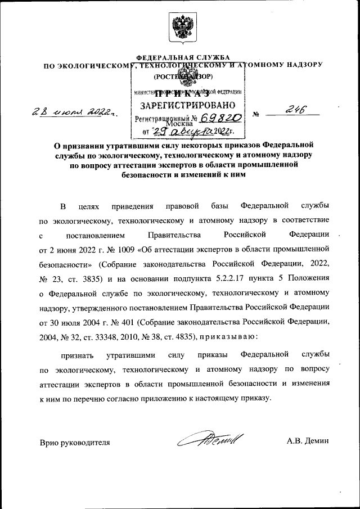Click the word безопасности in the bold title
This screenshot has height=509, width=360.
click(x=146, y=175)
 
